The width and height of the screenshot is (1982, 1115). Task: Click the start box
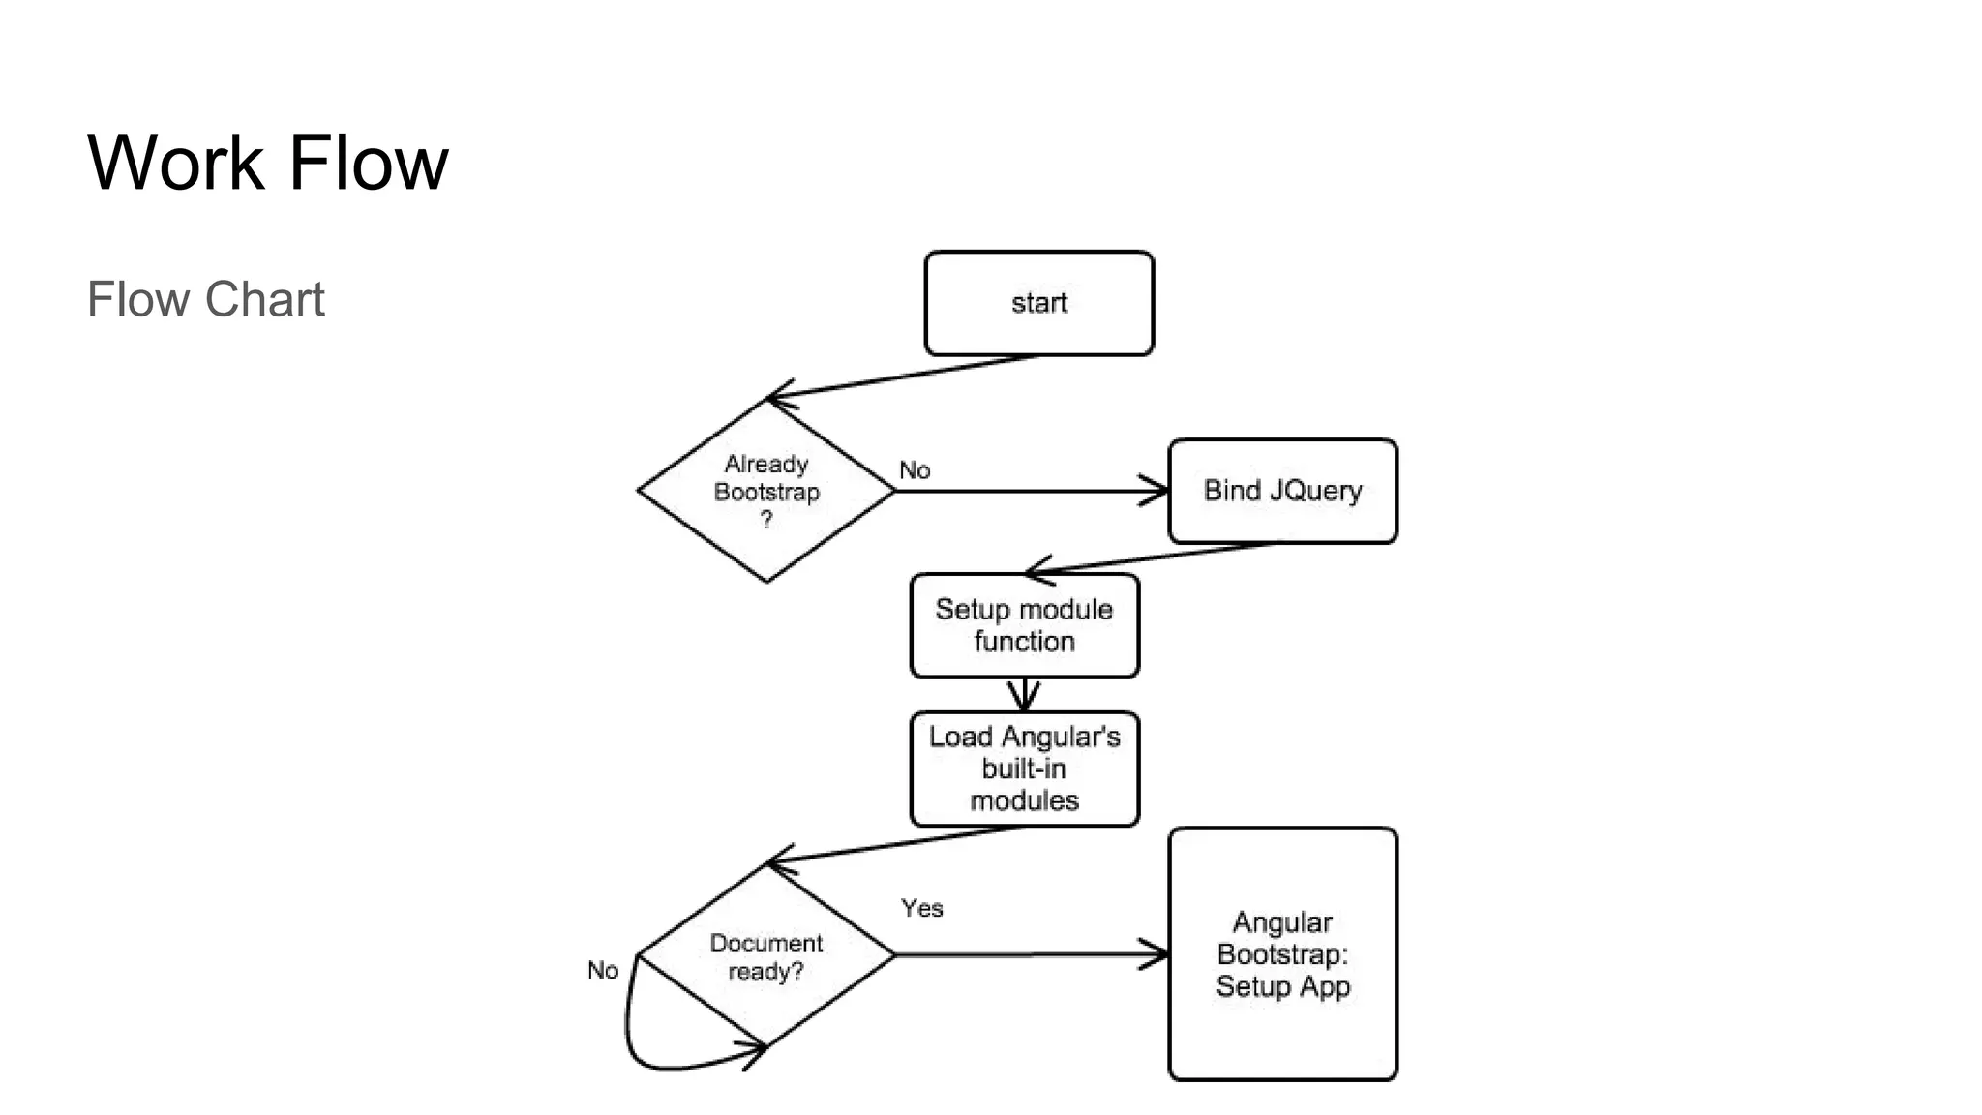(x=1038, y=303)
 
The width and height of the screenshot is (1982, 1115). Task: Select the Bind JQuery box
(x=1282, y=491)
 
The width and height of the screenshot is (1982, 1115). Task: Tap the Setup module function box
(x=1024, y=625)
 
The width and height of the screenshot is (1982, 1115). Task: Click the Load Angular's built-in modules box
(x=1024, y=768)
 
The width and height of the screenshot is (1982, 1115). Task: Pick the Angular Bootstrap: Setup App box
(x=1282, y=953)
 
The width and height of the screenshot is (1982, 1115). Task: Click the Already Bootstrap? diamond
(x=766, y=491)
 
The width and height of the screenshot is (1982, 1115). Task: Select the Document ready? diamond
(x=766, y=956)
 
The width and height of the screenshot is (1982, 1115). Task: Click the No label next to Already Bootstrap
(x=915, y=470)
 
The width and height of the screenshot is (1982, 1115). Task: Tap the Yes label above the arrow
(x=921, y=908)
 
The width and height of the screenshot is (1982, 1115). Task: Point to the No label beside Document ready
(x=602, y=970)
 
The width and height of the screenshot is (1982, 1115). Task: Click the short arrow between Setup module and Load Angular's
(x=1024, y=695)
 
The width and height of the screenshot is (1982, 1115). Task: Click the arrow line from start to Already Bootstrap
(x=900, y=377)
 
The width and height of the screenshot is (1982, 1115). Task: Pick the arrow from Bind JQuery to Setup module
(x=1152, y=558)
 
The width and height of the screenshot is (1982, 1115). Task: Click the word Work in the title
(x=175, y=163)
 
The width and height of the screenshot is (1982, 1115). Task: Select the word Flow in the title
(x=369, y=163)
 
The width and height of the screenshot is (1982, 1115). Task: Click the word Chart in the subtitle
(x=264, y=299)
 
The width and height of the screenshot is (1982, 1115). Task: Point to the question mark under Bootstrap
(x=766, y=520)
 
